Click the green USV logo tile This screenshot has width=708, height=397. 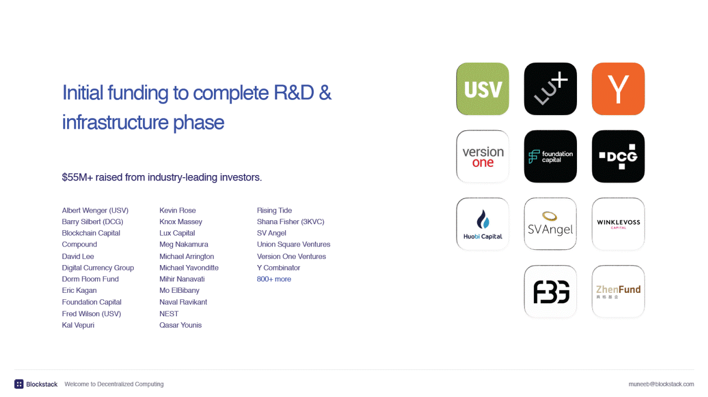point(483,89)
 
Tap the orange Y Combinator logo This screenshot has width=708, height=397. point(618,89)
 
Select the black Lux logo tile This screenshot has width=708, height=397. point(550,89)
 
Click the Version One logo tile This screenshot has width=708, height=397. point(483,157)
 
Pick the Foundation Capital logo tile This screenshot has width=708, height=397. point(550,157)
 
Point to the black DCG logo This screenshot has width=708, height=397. point(618,157)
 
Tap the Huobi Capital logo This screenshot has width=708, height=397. point(483,224)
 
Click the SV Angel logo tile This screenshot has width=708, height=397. point(550,224)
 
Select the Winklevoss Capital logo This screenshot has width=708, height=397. point(618,224)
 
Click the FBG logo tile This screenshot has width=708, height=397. point(550,292)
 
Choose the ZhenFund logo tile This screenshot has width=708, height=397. point(618,292)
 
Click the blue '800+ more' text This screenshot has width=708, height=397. point(273,279)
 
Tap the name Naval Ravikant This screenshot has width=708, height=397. point(183,302)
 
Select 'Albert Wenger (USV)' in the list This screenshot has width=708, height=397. point(95,210)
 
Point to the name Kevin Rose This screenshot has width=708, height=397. point(177,210)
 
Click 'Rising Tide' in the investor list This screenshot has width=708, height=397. point(274,210)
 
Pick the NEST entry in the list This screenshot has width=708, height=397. point(169,314)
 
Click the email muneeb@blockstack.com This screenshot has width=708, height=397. point(661,384)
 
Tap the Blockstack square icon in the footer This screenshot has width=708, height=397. point(19,384)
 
